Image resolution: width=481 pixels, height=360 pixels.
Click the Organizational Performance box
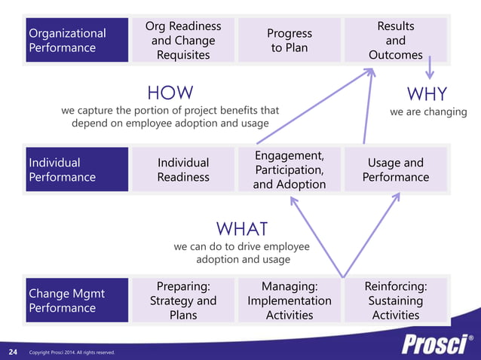[x=76, y=40]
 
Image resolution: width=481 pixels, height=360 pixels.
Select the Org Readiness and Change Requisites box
[x=183, y=40]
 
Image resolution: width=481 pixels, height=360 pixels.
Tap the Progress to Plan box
[x=290, y=40]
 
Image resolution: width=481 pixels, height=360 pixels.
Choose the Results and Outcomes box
[x=395, y=40]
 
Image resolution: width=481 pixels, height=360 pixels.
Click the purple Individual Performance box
[x=76, y=169]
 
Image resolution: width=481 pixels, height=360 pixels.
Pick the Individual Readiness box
[x=183, y=169]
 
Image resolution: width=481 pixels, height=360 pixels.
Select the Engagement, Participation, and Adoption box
[x=290, y=169]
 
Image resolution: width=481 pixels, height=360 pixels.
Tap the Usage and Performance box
[x=395, y=169]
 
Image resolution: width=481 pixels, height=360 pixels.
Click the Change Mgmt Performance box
[x=76, y=300]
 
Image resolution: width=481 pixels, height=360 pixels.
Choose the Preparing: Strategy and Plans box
[x=183, y=300]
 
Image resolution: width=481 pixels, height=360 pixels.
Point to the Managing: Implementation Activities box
[x=290, y=300]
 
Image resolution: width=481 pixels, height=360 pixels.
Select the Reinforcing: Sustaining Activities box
[x=395, y=300]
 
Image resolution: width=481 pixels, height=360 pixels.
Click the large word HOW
[x=170, y=93]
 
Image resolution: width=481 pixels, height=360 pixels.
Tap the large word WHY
[x=427, y=94]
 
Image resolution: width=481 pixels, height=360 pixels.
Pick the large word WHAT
[x=242, y=228]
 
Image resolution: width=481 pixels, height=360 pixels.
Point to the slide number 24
[x=13, y=352]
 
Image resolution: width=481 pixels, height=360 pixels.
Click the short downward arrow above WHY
[x=430, y=69]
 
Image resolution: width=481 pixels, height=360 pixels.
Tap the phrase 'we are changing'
[x=428, y=112]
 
